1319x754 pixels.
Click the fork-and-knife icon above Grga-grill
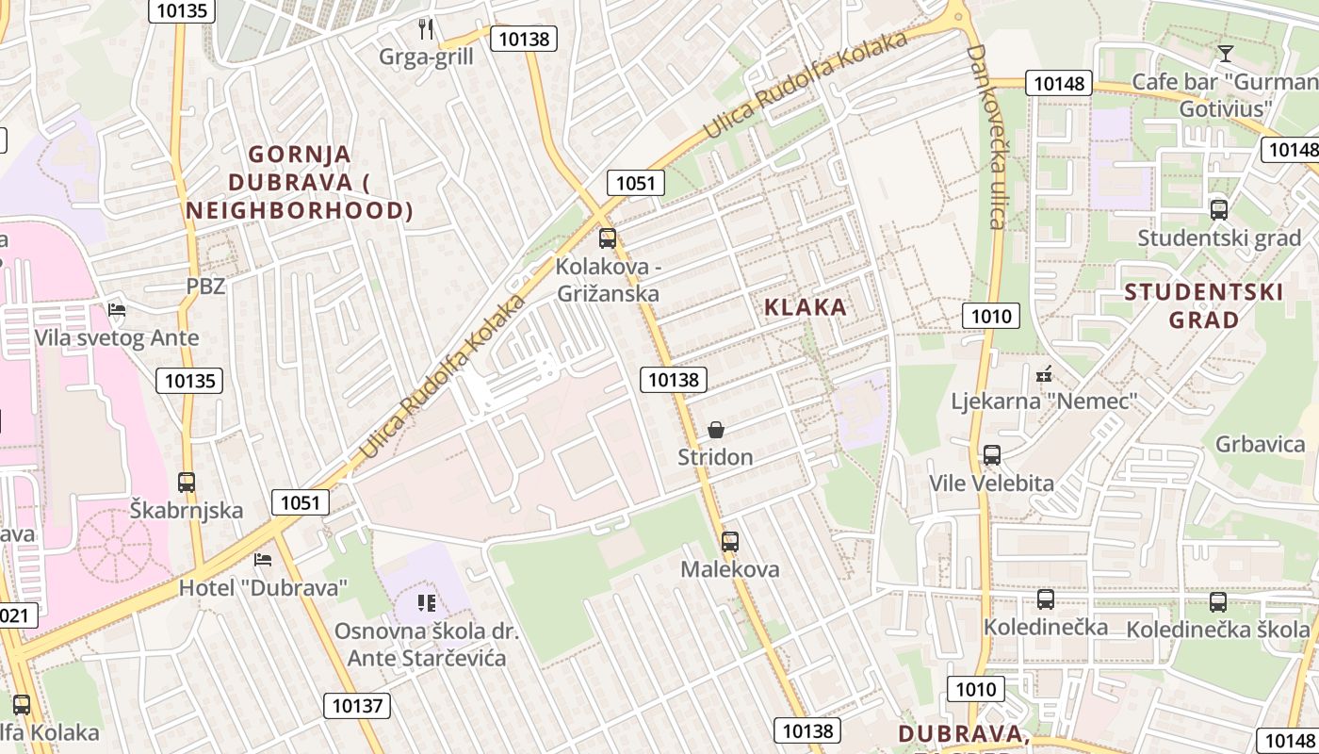click(x=426, y=29)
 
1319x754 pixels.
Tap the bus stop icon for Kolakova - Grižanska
click(x=608, y=238)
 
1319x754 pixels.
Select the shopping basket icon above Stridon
click(x=716, y=431)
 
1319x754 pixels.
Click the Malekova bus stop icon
click(x=730, y=542)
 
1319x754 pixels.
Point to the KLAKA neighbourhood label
click(x=806, y=307)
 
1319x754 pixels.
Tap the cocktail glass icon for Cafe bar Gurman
click(x=1225, y=53)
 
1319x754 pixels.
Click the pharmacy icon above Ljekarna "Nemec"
click(x=1044, y=374)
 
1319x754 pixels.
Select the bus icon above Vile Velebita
click(x=992, y=455)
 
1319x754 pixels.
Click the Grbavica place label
click(x=1260, y=444)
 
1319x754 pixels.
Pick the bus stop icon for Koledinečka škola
click(x=1218, y=601)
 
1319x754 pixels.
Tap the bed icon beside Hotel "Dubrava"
click(x=263, y=560)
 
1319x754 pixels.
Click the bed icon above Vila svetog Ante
click(x=117, y=309)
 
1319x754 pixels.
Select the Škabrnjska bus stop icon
click(x=187, y=483)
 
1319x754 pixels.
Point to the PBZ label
click(x=205, y=287)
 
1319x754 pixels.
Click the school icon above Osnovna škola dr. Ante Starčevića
click(x=427, y=602)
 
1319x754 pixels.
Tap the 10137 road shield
click(x=357, y=705)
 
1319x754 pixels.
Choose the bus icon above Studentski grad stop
click(x=1219, y=210)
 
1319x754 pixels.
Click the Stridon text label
click(x=716, y=457)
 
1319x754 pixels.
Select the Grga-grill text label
click(x=426, y=57)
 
